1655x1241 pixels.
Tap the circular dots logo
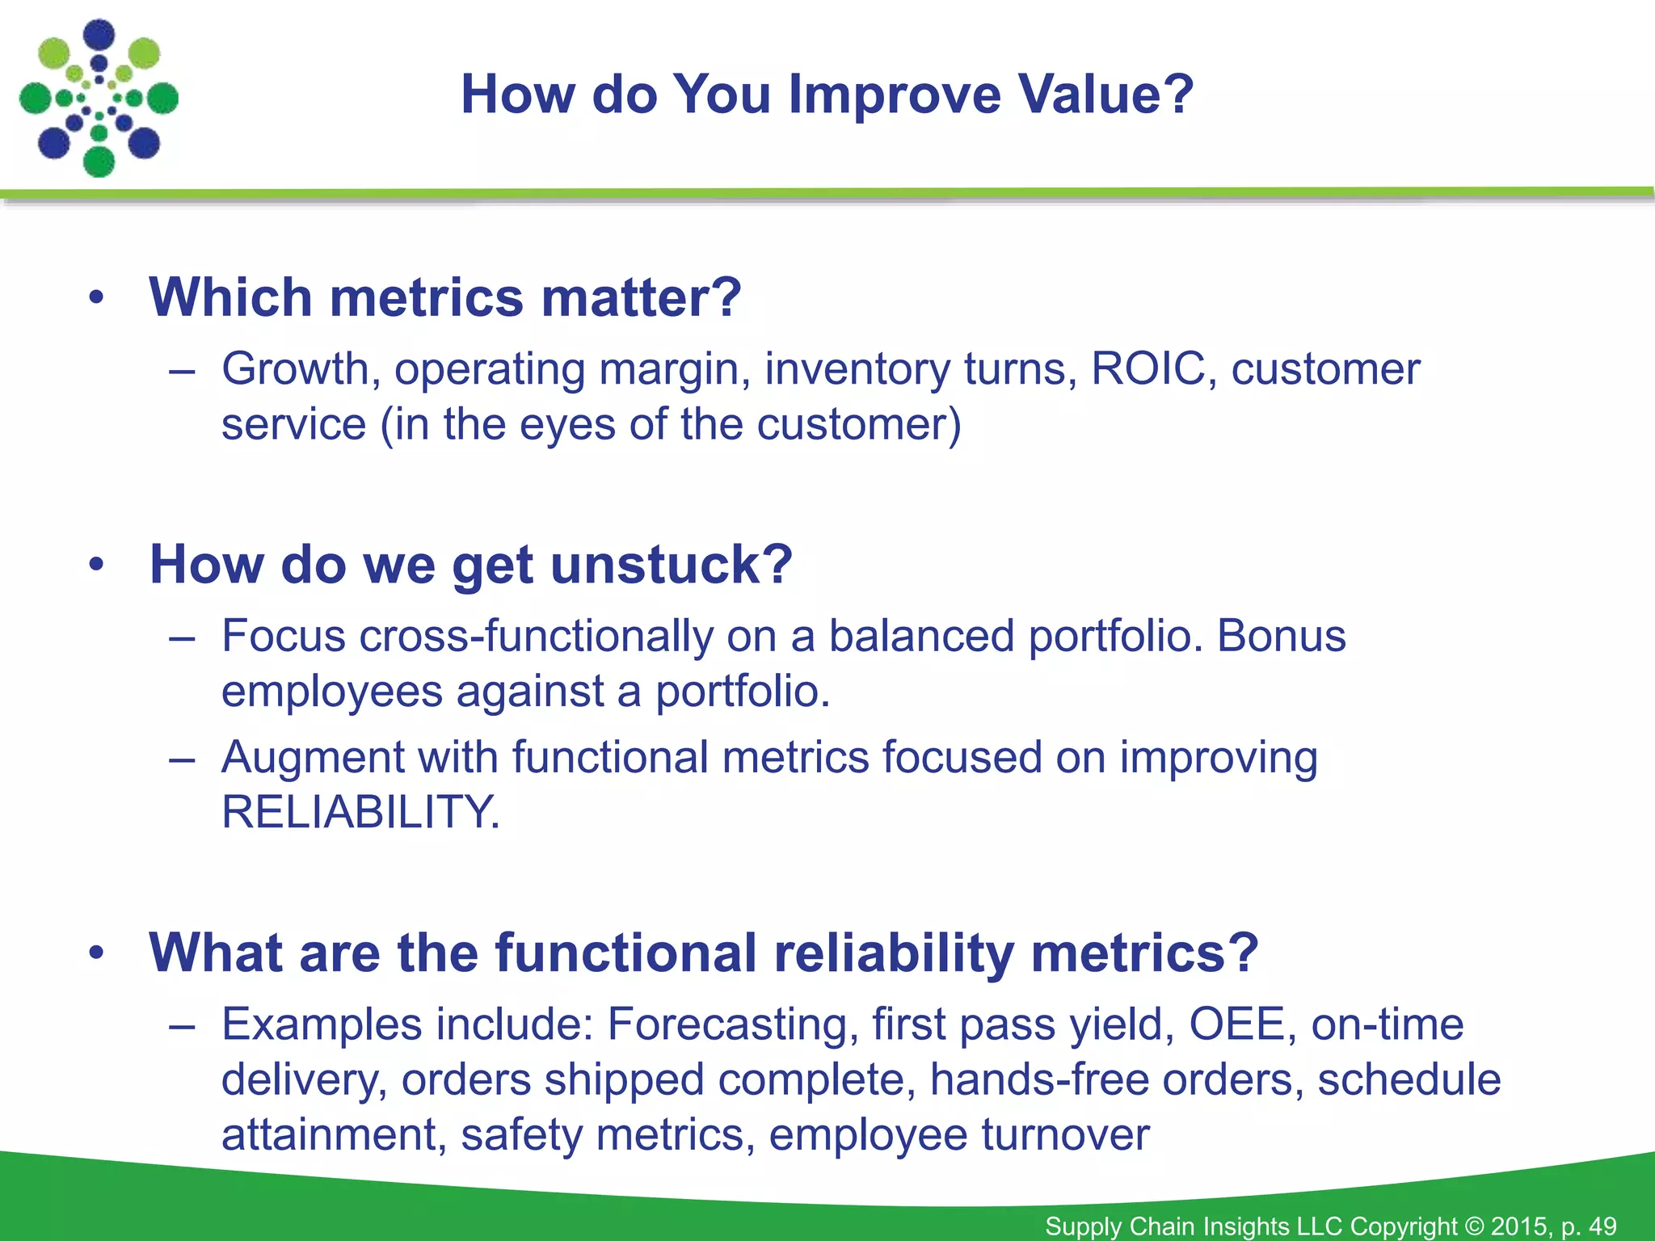99,99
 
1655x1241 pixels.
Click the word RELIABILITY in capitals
360,812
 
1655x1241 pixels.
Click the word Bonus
1282,636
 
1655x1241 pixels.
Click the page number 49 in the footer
1602,1226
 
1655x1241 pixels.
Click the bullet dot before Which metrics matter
97,297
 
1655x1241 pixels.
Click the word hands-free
1038,1079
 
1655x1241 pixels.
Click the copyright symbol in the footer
1474,1226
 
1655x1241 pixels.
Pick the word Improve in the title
894,95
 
